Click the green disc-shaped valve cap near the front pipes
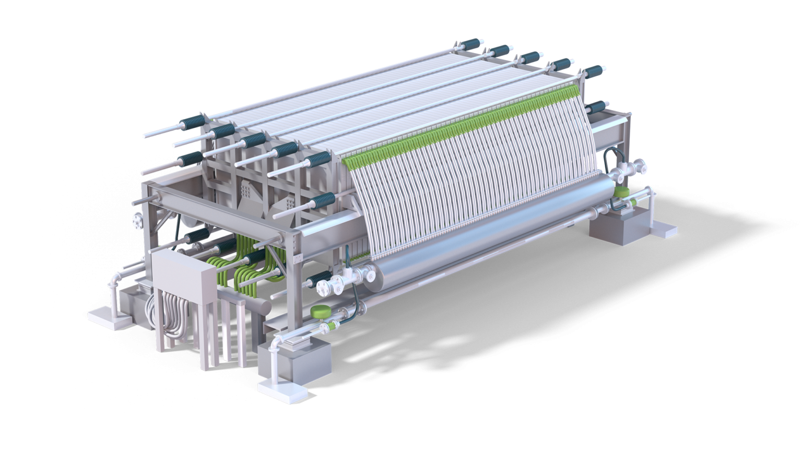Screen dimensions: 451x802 point(318,312)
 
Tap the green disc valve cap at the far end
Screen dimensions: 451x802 point(621,192)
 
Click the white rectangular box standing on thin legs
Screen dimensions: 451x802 point(183,277)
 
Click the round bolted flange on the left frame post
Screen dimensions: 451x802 point(138,220)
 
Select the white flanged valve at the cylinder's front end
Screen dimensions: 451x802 point(334,284)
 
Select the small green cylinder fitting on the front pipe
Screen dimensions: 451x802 point(329,328)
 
